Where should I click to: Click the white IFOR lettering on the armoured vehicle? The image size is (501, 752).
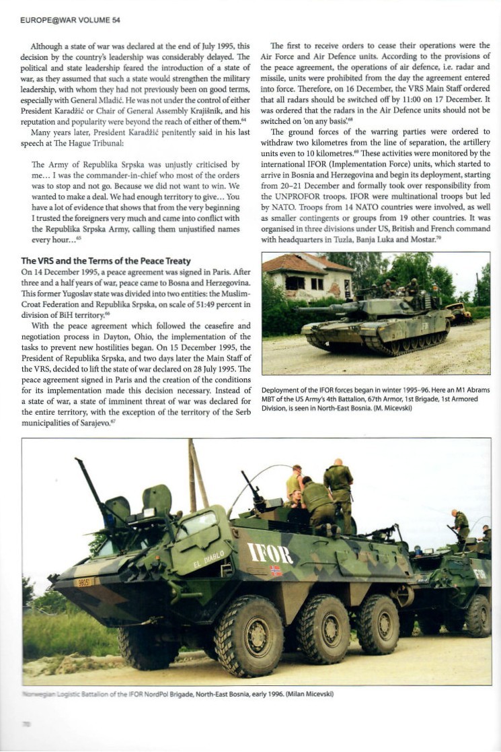pyautogui.click(x=270, y=553)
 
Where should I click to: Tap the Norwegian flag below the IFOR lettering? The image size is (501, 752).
pyautogui.click(x=275, y=570)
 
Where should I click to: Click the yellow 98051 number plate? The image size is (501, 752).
pyautogui.click(x=83, y=582)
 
